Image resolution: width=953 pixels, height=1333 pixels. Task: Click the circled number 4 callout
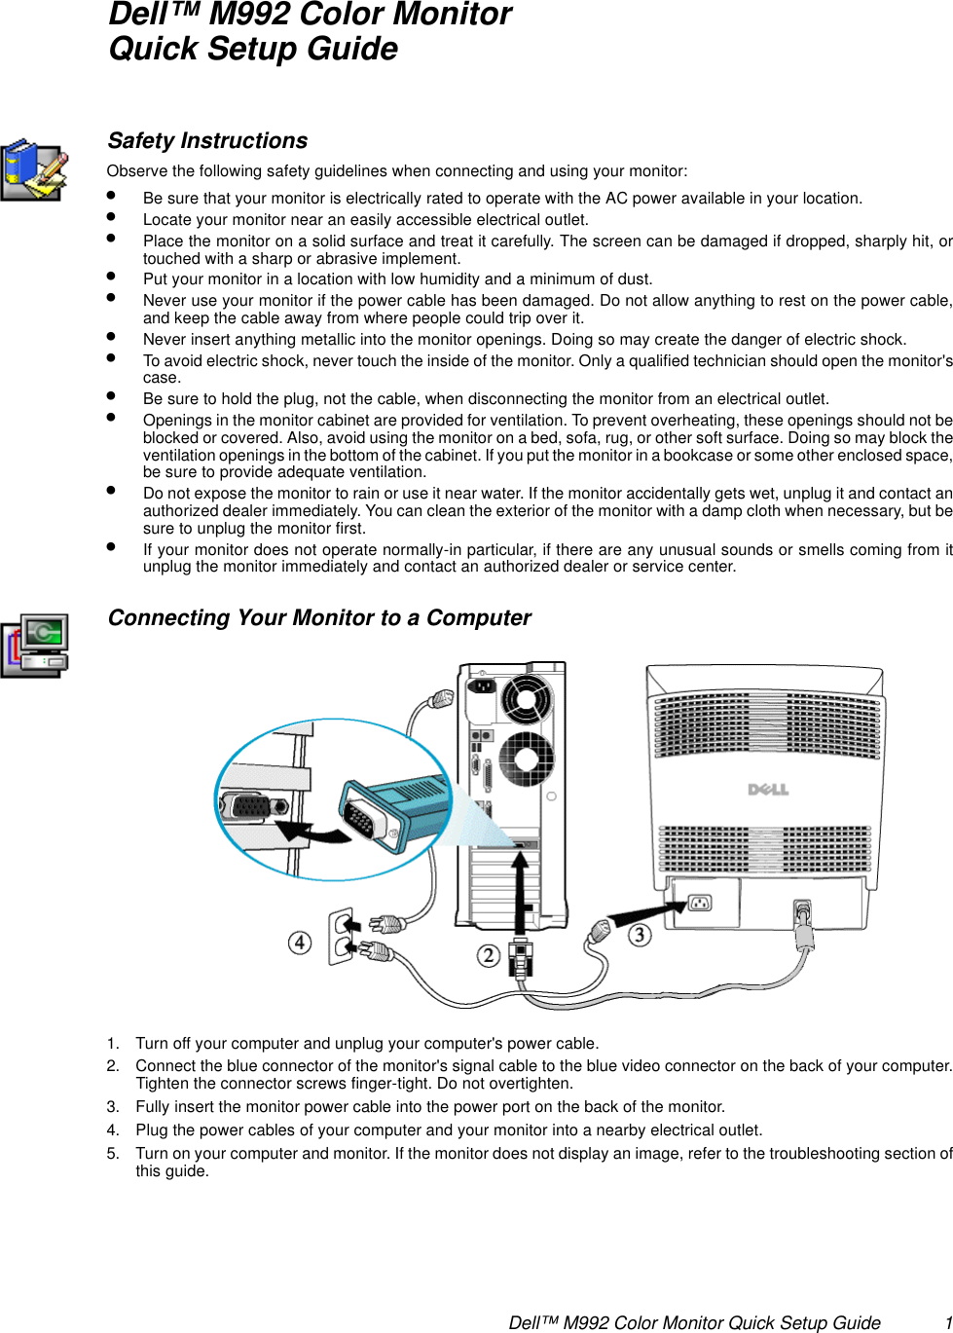coord(300,943)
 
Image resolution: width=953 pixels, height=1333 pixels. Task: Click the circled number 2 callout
coord(489,956)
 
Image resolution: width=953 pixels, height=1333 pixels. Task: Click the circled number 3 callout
coord(640,936)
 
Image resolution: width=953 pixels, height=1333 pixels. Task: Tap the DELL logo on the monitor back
coord(768,789)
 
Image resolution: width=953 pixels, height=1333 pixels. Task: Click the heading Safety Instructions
coord(207,141)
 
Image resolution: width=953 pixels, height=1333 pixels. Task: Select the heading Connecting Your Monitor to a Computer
coord(319,618)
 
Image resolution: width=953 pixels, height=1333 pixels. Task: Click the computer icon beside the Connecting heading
coord(36,646)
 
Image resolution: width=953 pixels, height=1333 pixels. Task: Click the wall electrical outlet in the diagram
coord(341,936)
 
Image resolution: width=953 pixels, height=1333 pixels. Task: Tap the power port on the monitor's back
coord(699,903)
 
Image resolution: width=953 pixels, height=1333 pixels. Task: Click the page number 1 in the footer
coord(947,1322)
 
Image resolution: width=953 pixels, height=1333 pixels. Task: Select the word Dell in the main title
coord(136,15)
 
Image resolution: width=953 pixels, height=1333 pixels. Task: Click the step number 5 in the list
coord(113,1154)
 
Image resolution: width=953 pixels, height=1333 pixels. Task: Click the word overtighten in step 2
coord(533,1084)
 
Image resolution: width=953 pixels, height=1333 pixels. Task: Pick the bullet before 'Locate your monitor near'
coord(112,217)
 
